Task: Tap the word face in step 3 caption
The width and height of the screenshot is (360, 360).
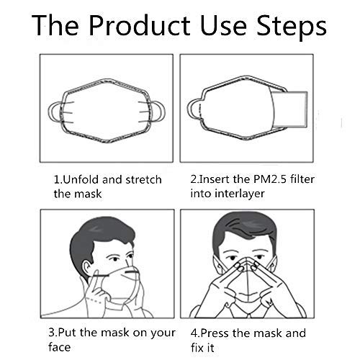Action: (61, 349)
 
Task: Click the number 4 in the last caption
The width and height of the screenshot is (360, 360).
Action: (194, 333)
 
